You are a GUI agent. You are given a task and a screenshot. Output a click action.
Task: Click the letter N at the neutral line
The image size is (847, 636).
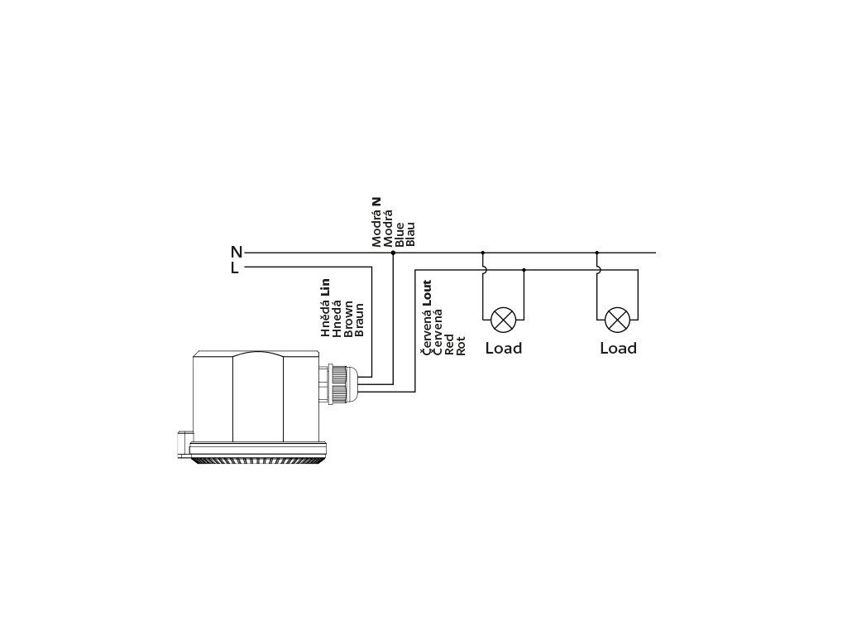[x=237, y=253]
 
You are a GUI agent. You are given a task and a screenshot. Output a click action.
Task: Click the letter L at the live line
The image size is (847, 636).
[x=235, y=268]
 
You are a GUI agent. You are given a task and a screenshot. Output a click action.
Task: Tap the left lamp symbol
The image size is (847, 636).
[x=503, y=320]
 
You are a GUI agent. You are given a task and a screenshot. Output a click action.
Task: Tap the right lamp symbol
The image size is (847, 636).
[x=617, y=320]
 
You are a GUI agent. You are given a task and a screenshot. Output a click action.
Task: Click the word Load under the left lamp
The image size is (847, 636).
[x=503, y=349]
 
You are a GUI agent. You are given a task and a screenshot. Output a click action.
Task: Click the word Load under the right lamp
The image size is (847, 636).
[x=618, y=349]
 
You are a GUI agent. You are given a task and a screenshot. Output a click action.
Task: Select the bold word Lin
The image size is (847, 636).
[x=325, y=287]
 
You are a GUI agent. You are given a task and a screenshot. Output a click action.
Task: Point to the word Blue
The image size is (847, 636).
[x=400, y=234]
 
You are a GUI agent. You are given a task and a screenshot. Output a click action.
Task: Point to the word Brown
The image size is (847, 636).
[x=348, y=317]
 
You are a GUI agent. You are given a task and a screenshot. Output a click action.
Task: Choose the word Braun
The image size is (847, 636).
[x=359, y=319]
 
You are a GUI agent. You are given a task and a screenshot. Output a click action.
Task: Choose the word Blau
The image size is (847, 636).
[x=411, y=234]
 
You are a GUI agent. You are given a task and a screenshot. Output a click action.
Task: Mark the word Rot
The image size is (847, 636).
[x=462, y=345]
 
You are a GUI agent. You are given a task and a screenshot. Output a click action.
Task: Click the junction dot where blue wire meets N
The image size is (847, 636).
[x=393, y=253]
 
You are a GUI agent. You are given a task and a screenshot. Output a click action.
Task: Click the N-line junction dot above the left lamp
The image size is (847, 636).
[x=483, y=253]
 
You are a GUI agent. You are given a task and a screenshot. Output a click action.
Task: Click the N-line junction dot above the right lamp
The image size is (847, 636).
[x=596, y=253]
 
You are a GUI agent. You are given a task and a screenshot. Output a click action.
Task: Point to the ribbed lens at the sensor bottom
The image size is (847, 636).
[x=257, y=460]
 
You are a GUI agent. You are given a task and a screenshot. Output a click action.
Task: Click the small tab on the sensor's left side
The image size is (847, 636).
[x=184, y=444]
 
